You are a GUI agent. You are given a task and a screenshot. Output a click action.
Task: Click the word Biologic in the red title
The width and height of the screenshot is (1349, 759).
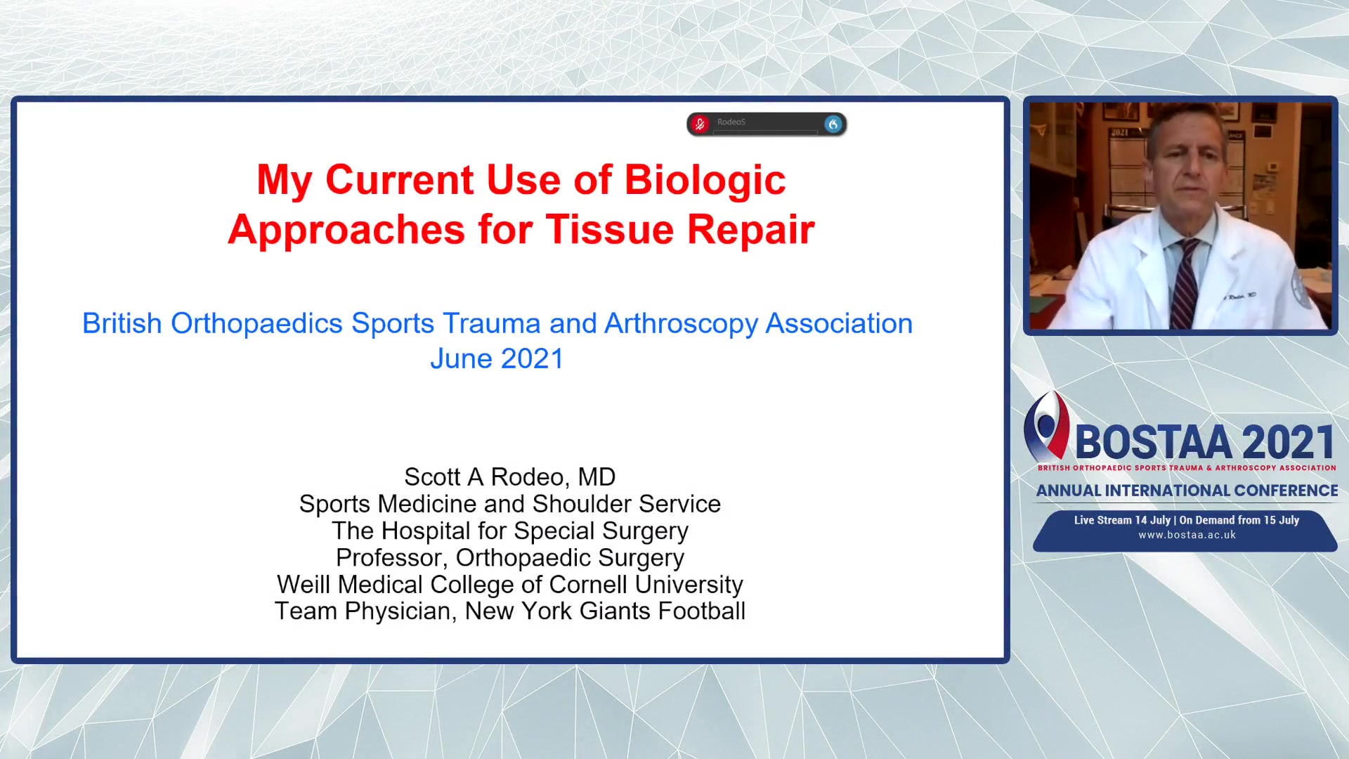point(705,180)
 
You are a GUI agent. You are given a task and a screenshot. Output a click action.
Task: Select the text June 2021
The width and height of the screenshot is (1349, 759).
point(497,358)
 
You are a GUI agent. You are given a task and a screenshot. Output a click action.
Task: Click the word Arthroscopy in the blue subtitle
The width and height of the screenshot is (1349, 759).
point(681,323)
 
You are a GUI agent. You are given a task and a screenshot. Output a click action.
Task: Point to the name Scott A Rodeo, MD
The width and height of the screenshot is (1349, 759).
point(509,477)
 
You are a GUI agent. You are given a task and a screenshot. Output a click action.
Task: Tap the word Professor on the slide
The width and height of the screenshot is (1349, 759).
point(391,558)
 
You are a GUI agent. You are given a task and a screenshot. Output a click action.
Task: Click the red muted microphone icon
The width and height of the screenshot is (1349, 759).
point(699,124)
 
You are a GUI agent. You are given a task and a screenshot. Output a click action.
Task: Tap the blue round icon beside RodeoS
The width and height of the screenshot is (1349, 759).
point(833,124)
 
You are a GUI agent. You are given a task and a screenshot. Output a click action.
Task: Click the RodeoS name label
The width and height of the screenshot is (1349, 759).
point(731,122)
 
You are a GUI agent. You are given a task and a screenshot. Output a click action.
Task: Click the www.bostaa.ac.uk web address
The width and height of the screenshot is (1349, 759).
point(1187,535)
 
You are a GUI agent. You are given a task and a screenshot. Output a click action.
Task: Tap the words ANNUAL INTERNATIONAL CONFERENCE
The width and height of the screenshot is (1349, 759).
point(1187,491)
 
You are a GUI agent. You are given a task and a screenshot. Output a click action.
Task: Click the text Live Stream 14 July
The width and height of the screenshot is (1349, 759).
point(1122,520)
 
